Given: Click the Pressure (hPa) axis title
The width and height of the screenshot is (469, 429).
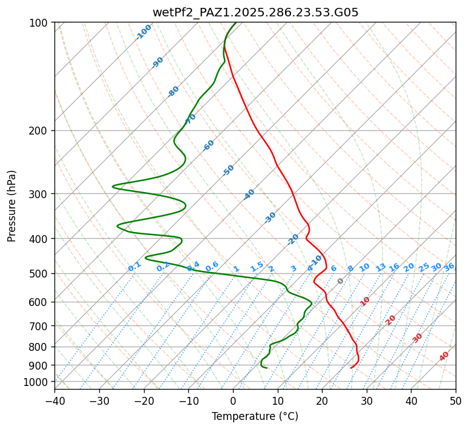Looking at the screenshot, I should tap(12, 205).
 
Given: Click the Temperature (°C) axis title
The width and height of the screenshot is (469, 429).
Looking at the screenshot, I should tap(255, 416).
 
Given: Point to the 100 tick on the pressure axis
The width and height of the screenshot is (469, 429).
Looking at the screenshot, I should tap(40, 23).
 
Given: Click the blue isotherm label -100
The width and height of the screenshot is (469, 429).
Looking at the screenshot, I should tap(143, 32).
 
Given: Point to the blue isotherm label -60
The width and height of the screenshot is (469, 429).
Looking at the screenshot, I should tap(209, 145).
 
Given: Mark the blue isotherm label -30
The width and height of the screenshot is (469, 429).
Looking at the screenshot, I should tap(270, 217).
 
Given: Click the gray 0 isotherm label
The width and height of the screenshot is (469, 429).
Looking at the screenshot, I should tap(340, 281).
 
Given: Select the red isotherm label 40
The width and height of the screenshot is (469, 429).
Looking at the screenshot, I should tap(444, 356).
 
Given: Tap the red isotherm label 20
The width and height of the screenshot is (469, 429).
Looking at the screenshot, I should tap(391, 319).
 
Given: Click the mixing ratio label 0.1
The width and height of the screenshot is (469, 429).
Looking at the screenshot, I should tap(134, 267).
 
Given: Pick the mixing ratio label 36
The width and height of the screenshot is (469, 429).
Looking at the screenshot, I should tap(449, 267).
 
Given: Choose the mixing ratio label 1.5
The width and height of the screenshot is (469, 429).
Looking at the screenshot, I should tap(257, 267).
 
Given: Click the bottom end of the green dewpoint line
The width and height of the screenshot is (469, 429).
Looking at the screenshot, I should tap(266, 368).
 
